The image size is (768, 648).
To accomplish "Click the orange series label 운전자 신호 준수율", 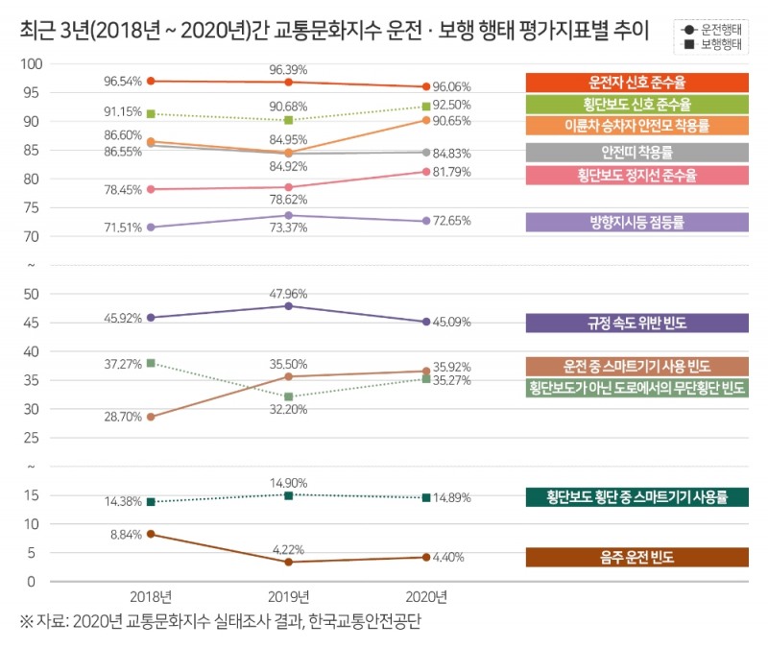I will pos(636,82).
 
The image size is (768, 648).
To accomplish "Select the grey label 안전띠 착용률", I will pos(636,152).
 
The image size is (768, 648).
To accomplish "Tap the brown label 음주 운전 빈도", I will pos(636,557).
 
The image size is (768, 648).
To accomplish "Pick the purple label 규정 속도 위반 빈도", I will pos(636,323).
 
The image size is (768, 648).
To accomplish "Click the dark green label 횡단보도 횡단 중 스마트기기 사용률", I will pos(636,496).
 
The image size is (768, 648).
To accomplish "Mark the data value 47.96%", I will pos(289,293).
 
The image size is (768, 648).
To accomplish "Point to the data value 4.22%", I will pos(289,550).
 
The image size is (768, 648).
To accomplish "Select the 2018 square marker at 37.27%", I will pos(152,363).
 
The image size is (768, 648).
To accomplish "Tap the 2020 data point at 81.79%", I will pos(426,172).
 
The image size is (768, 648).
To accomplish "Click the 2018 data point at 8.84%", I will pos(152,534).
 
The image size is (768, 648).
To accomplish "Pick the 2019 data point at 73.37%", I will pos(289,215).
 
